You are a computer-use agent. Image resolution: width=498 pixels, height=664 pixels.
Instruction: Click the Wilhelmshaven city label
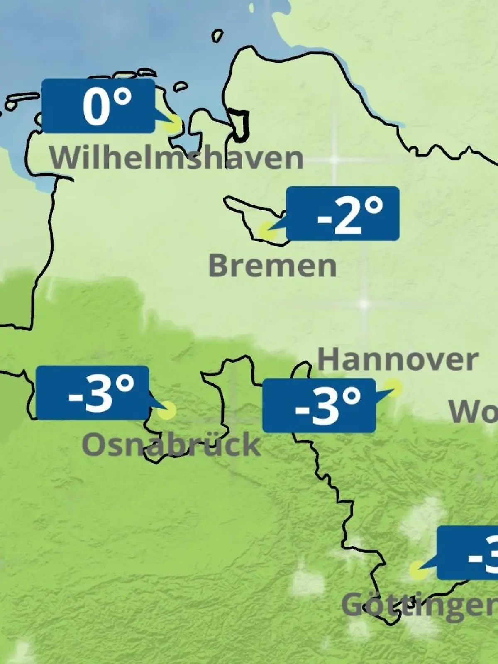tap(176, 158)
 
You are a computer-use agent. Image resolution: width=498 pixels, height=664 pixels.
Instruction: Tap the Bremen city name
tap(272, 266)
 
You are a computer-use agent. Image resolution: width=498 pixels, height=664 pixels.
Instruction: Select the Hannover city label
tap(398, 360)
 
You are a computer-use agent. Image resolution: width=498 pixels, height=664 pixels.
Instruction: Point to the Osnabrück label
tap(171, 444)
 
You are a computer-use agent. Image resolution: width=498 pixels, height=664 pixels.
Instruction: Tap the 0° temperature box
tap(98, 106)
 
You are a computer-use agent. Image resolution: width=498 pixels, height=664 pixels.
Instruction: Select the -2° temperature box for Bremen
tap(343, 213)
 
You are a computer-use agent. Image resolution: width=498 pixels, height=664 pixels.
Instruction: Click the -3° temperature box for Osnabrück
tap(93, 393)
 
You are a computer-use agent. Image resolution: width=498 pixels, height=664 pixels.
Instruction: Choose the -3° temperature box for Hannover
tap(319, 405)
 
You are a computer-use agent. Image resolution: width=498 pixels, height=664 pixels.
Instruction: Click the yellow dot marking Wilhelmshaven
tap(173, 124)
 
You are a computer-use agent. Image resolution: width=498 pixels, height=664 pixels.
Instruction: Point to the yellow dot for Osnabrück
tap(167, 411)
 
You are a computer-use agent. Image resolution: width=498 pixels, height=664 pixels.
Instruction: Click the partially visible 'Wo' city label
tap(473, 412)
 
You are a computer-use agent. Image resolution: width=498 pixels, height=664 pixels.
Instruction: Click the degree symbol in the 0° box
tap(122, 98)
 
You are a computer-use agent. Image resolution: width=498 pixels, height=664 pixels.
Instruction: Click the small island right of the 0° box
tap(180, 87)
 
